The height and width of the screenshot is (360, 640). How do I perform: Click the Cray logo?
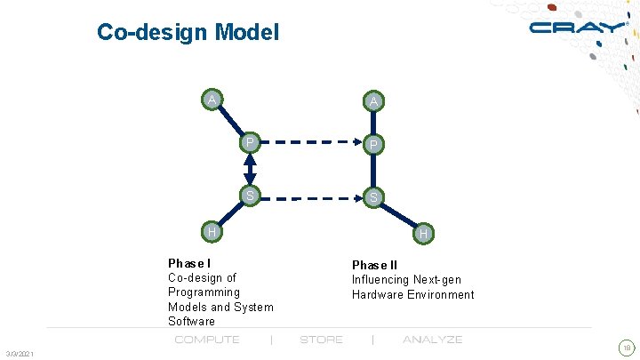click(x=578, y=28)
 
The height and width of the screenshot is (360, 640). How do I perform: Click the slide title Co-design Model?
click(x=188, y=33)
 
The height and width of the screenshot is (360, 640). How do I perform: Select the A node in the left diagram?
click(x=211, y=99)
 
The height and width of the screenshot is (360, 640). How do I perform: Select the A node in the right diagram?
click(x=374, y=101)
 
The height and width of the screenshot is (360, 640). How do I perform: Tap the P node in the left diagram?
click(x=250, y=141)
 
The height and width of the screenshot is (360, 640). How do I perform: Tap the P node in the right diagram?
click(x=374, y=144)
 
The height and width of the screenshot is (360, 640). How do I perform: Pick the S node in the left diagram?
click(x=250, y=195)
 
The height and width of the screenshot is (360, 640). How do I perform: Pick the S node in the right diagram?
click(x=374, y=196)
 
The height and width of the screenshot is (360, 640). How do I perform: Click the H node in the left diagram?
click(x=211, y=232)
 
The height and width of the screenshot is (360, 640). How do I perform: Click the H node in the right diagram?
click(x=424, y=234)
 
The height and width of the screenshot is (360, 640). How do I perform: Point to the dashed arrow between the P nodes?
click(x=311, y=141)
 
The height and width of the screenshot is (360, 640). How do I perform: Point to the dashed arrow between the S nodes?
click(x=311, y=196)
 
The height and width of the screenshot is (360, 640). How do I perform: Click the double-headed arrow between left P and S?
click(x=250, y=168)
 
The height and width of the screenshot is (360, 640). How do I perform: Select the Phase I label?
click(x=189, y=263)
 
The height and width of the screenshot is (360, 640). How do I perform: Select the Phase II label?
click(x=374, y=265)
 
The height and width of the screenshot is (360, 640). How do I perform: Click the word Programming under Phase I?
click(x=204, y=292)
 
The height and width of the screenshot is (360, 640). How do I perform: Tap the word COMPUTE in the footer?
click(x=207, y=340)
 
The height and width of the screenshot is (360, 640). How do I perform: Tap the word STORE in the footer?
click(x=321, y=340)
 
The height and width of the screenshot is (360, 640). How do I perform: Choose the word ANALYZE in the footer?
click(x=432, y=340)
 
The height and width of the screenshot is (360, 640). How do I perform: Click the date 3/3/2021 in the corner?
click(x=19, y=355)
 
